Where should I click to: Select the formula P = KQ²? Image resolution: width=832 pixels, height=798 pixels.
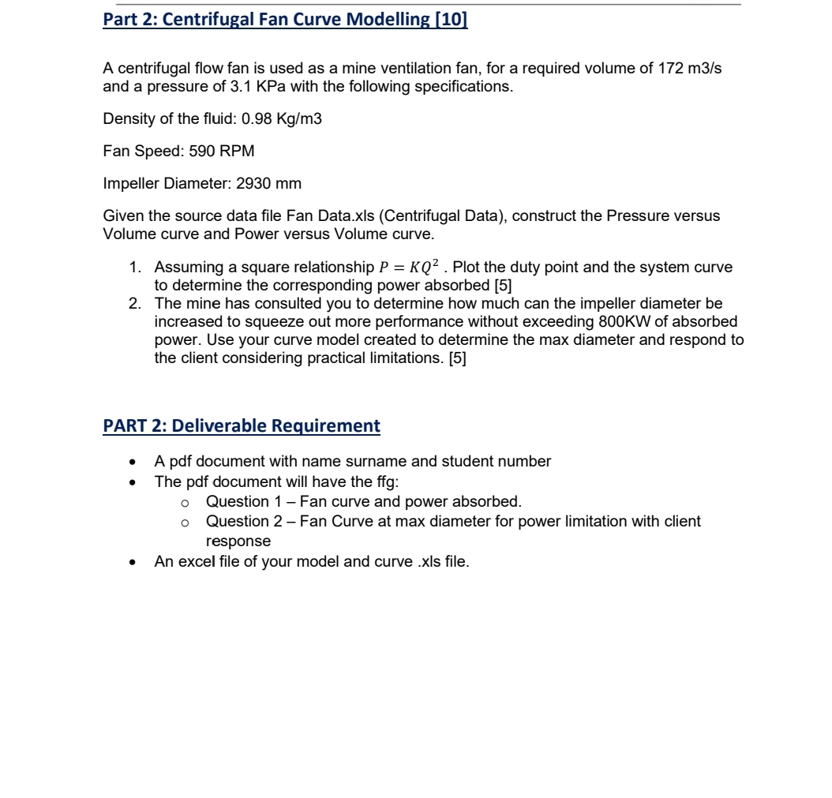[x=407, y=268]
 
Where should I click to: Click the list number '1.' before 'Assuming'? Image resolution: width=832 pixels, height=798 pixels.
[x=136, y=268]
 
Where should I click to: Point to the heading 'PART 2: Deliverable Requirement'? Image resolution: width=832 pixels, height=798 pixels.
[x=242, y=426]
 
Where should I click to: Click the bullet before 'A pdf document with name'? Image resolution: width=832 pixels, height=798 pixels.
[x=139, y=462]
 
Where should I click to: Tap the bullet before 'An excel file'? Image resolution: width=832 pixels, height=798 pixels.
[x=139, y=561]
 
